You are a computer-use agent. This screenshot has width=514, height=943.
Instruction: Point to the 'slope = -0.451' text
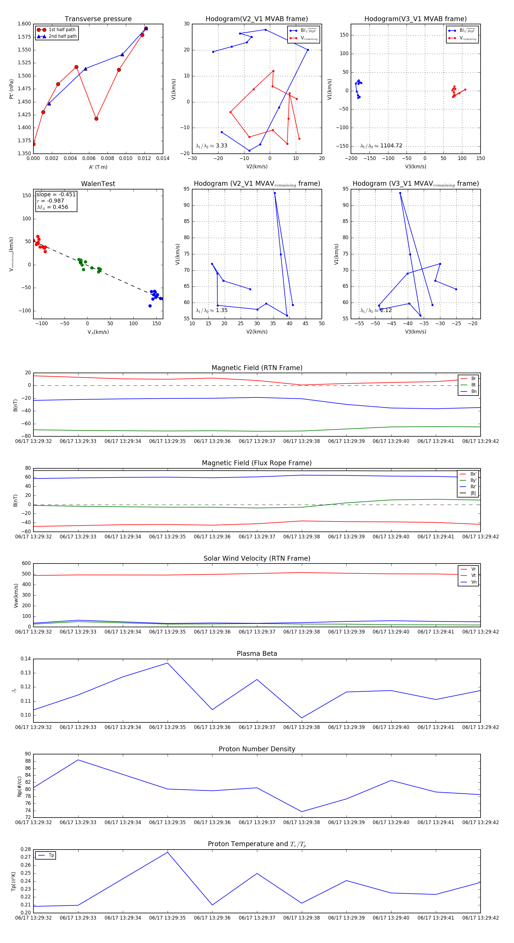tap(56, 194)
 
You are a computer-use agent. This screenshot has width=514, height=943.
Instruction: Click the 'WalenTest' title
tap(98, 184)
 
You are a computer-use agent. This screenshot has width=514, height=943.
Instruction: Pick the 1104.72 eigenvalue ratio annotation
tap(381, 146)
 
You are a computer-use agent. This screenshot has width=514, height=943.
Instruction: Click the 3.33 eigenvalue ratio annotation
tap(211, 146)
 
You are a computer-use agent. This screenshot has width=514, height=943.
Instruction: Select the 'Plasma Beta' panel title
tap(257, 654)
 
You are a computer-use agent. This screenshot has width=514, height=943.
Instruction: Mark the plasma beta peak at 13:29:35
tap(168, 663)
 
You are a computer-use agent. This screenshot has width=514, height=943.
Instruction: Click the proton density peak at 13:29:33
tap(78, 760)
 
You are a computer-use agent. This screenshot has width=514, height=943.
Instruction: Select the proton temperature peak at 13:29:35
tap(168, 852)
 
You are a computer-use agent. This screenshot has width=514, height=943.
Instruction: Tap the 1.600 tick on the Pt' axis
tap(25, 24)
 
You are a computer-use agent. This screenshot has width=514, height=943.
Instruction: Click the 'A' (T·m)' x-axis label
tap(98, 167)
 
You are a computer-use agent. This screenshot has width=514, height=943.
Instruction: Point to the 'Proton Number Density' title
tap(257, 749)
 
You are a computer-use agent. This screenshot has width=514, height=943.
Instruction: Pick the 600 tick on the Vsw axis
tap(26, 564)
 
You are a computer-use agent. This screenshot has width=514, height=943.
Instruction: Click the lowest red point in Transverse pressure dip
tap(96, 119)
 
